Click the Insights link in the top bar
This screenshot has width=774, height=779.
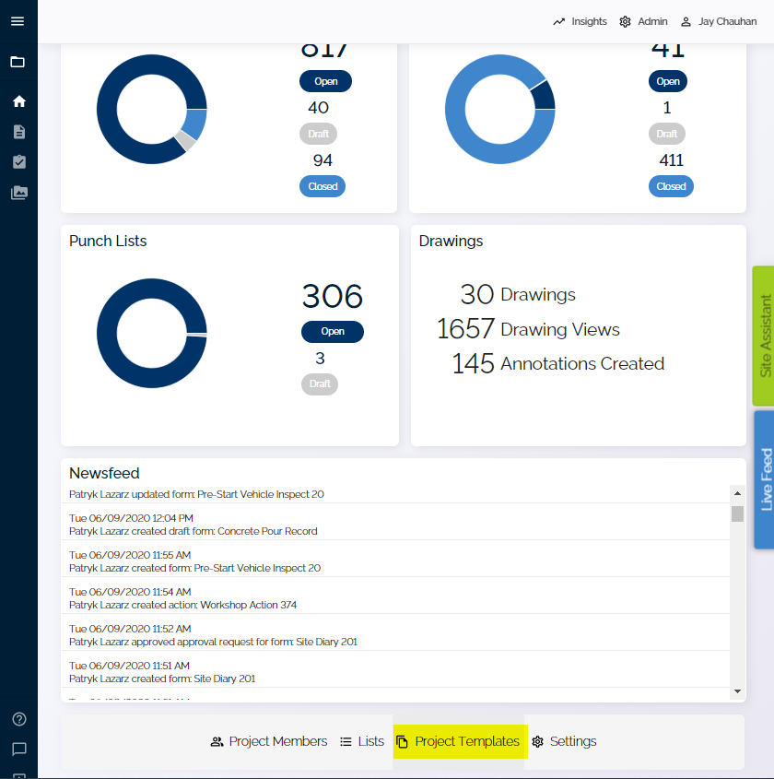tap(580, 21)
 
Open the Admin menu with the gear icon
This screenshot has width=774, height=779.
tap(643, 21)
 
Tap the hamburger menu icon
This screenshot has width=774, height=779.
tap(18, 21)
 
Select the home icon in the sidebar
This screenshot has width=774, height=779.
tap(18, 101)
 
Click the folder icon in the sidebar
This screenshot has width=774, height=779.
tap(18, 62)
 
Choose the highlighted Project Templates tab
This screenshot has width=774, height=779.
tap(458, 741)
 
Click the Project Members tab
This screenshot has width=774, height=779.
tap(268, 741)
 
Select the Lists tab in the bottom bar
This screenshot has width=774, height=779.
tap(362, 741)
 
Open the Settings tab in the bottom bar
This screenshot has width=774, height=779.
tap(564, 741)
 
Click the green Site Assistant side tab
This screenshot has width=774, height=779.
tap(764, 336)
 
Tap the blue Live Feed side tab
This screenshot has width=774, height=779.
tap(764, 479)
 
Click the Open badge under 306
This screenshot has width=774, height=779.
tap(333, 332)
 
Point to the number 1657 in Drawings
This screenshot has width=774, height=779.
tap(465, 329)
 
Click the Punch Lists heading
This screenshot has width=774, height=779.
tap(108, 241)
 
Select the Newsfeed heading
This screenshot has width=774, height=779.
tap(104, 473)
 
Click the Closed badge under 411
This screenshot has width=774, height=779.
tap(671, 186)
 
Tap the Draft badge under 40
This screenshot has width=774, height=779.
tap(319, 134)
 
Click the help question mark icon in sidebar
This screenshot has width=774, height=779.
tap(18, 719)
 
